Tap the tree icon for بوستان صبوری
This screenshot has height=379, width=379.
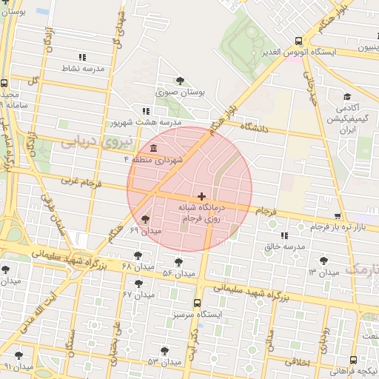pos(180,81)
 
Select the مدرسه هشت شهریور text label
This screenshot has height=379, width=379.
pos(147,121)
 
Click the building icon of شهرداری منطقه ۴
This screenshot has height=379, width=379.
pos(152,148)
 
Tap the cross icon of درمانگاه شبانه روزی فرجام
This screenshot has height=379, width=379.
pos(202,196)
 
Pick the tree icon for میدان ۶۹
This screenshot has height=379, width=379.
pos(144,219)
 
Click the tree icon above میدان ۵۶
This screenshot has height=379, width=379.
pos(178,261)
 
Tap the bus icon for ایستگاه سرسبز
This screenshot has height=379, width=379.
pos(196,303)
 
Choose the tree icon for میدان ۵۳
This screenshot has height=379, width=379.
pos(164,351)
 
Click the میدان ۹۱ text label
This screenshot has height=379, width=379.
pos(18,366)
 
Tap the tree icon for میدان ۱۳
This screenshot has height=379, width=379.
pos(323,261)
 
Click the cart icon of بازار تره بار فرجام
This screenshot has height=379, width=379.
pos(338,216)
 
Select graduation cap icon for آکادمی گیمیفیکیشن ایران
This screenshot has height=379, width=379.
pos(346,97)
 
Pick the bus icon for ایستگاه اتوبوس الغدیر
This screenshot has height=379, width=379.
pos(298,41)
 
